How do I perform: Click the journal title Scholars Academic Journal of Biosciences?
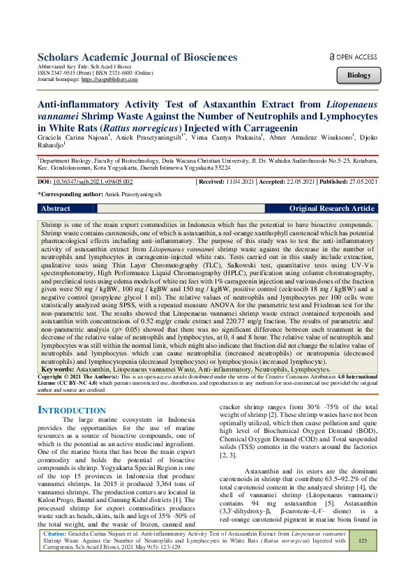137,57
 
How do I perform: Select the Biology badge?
359,75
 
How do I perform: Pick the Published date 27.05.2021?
359,181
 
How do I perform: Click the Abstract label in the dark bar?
55,209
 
